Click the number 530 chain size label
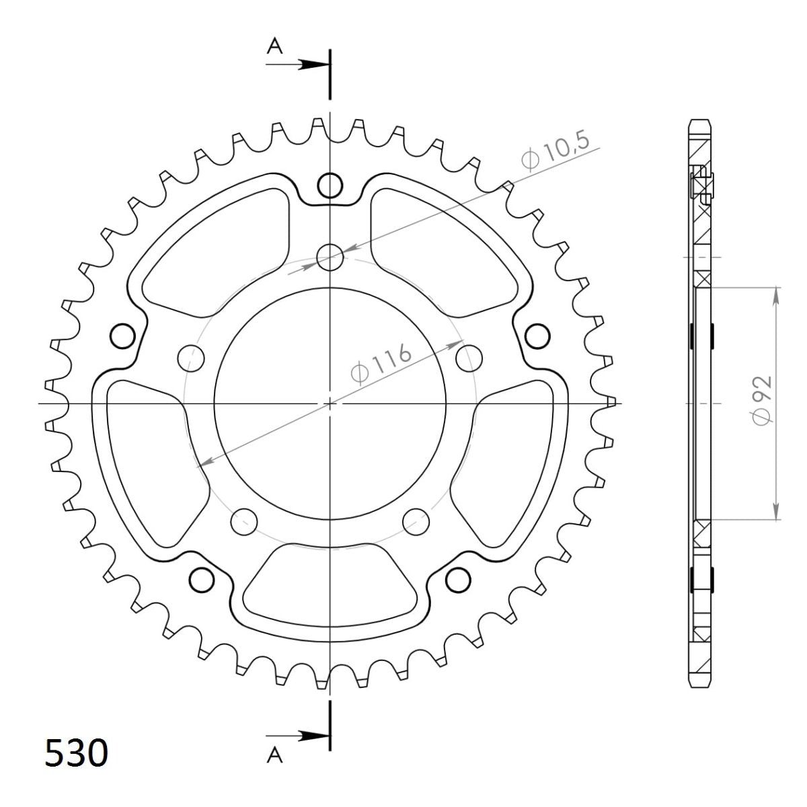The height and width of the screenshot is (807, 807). click(x=75, y=754)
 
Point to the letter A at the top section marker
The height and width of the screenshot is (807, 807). click(x=274, y=45)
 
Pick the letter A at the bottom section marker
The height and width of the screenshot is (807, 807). click(x=274, y=757)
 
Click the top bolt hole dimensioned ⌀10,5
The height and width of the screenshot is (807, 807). click(x=330, y=256)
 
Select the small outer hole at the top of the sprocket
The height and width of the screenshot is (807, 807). click(x=330, y=186)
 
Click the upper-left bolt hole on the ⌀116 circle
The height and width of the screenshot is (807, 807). click(x=191, y=356)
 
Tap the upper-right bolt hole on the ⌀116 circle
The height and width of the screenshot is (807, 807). click(x=469, y=356)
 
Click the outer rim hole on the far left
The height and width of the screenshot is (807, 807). click(x=122, y=336)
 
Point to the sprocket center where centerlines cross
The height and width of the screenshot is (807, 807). click(x=330, y=403)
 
